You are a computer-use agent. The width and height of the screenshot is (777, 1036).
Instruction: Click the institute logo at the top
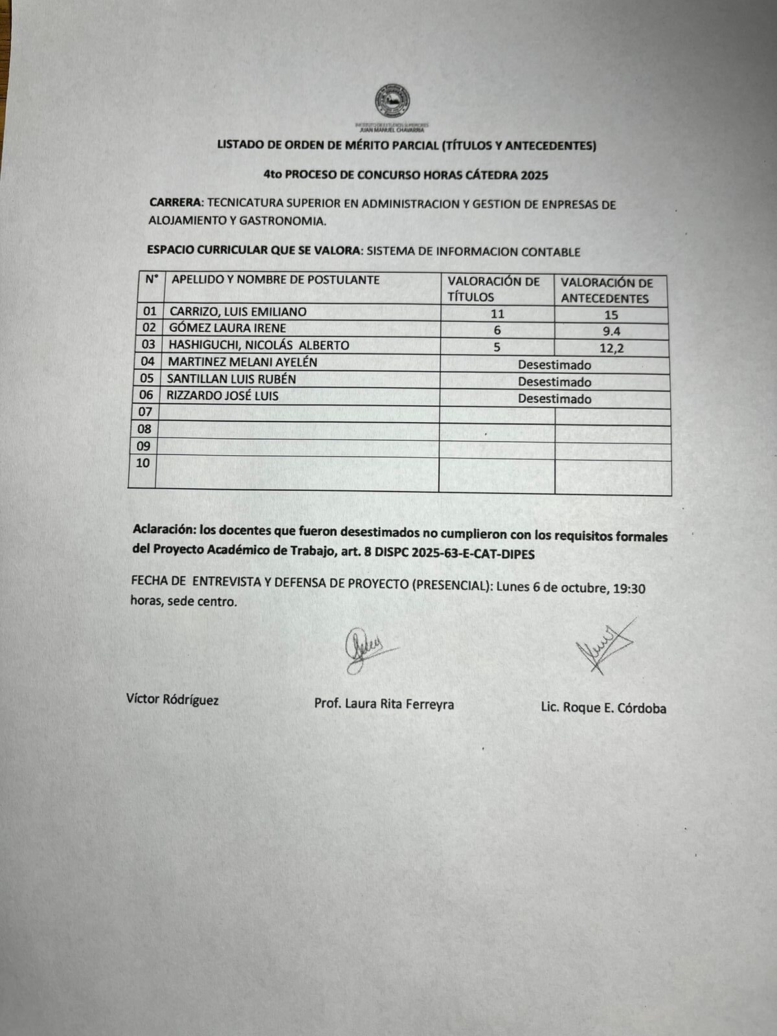(392, 102)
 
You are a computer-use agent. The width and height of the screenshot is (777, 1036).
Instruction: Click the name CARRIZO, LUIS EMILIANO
(238, 311)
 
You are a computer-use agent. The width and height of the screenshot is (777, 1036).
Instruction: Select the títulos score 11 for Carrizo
(497, 314)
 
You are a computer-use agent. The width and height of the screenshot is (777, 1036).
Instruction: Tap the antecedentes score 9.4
(611, 332)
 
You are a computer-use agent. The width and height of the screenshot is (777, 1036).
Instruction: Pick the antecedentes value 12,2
(611, 348)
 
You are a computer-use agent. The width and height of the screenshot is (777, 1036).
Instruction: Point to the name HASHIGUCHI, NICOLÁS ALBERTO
(259, 345)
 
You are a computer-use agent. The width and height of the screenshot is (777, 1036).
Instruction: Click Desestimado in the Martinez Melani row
(554, 365)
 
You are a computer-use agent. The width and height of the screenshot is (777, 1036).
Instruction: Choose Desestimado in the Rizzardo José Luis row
(554, 399)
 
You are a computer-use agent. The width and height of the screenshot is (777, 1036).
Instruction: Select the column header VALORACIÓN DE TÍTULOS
(493, 289)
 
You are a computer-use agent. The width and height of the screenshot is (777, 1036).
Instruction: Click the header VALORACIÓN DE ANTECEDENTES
(607, 291)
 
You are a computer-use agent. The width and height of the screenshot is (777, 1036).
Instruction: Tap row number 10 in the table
(143, 463)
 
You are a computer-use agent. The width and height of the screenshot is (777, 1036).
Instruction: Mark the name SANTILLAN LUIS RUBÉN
(231, 379)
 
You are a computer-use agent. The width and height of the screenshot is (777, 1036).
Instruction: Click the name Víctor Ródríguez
(172, 699)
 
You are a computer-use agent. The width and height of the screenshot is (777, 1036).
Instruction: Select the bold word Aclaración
(164, 529)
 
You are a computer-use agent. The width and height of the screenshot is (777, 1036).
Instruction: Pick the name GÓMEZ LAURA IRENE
(227, 328)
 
